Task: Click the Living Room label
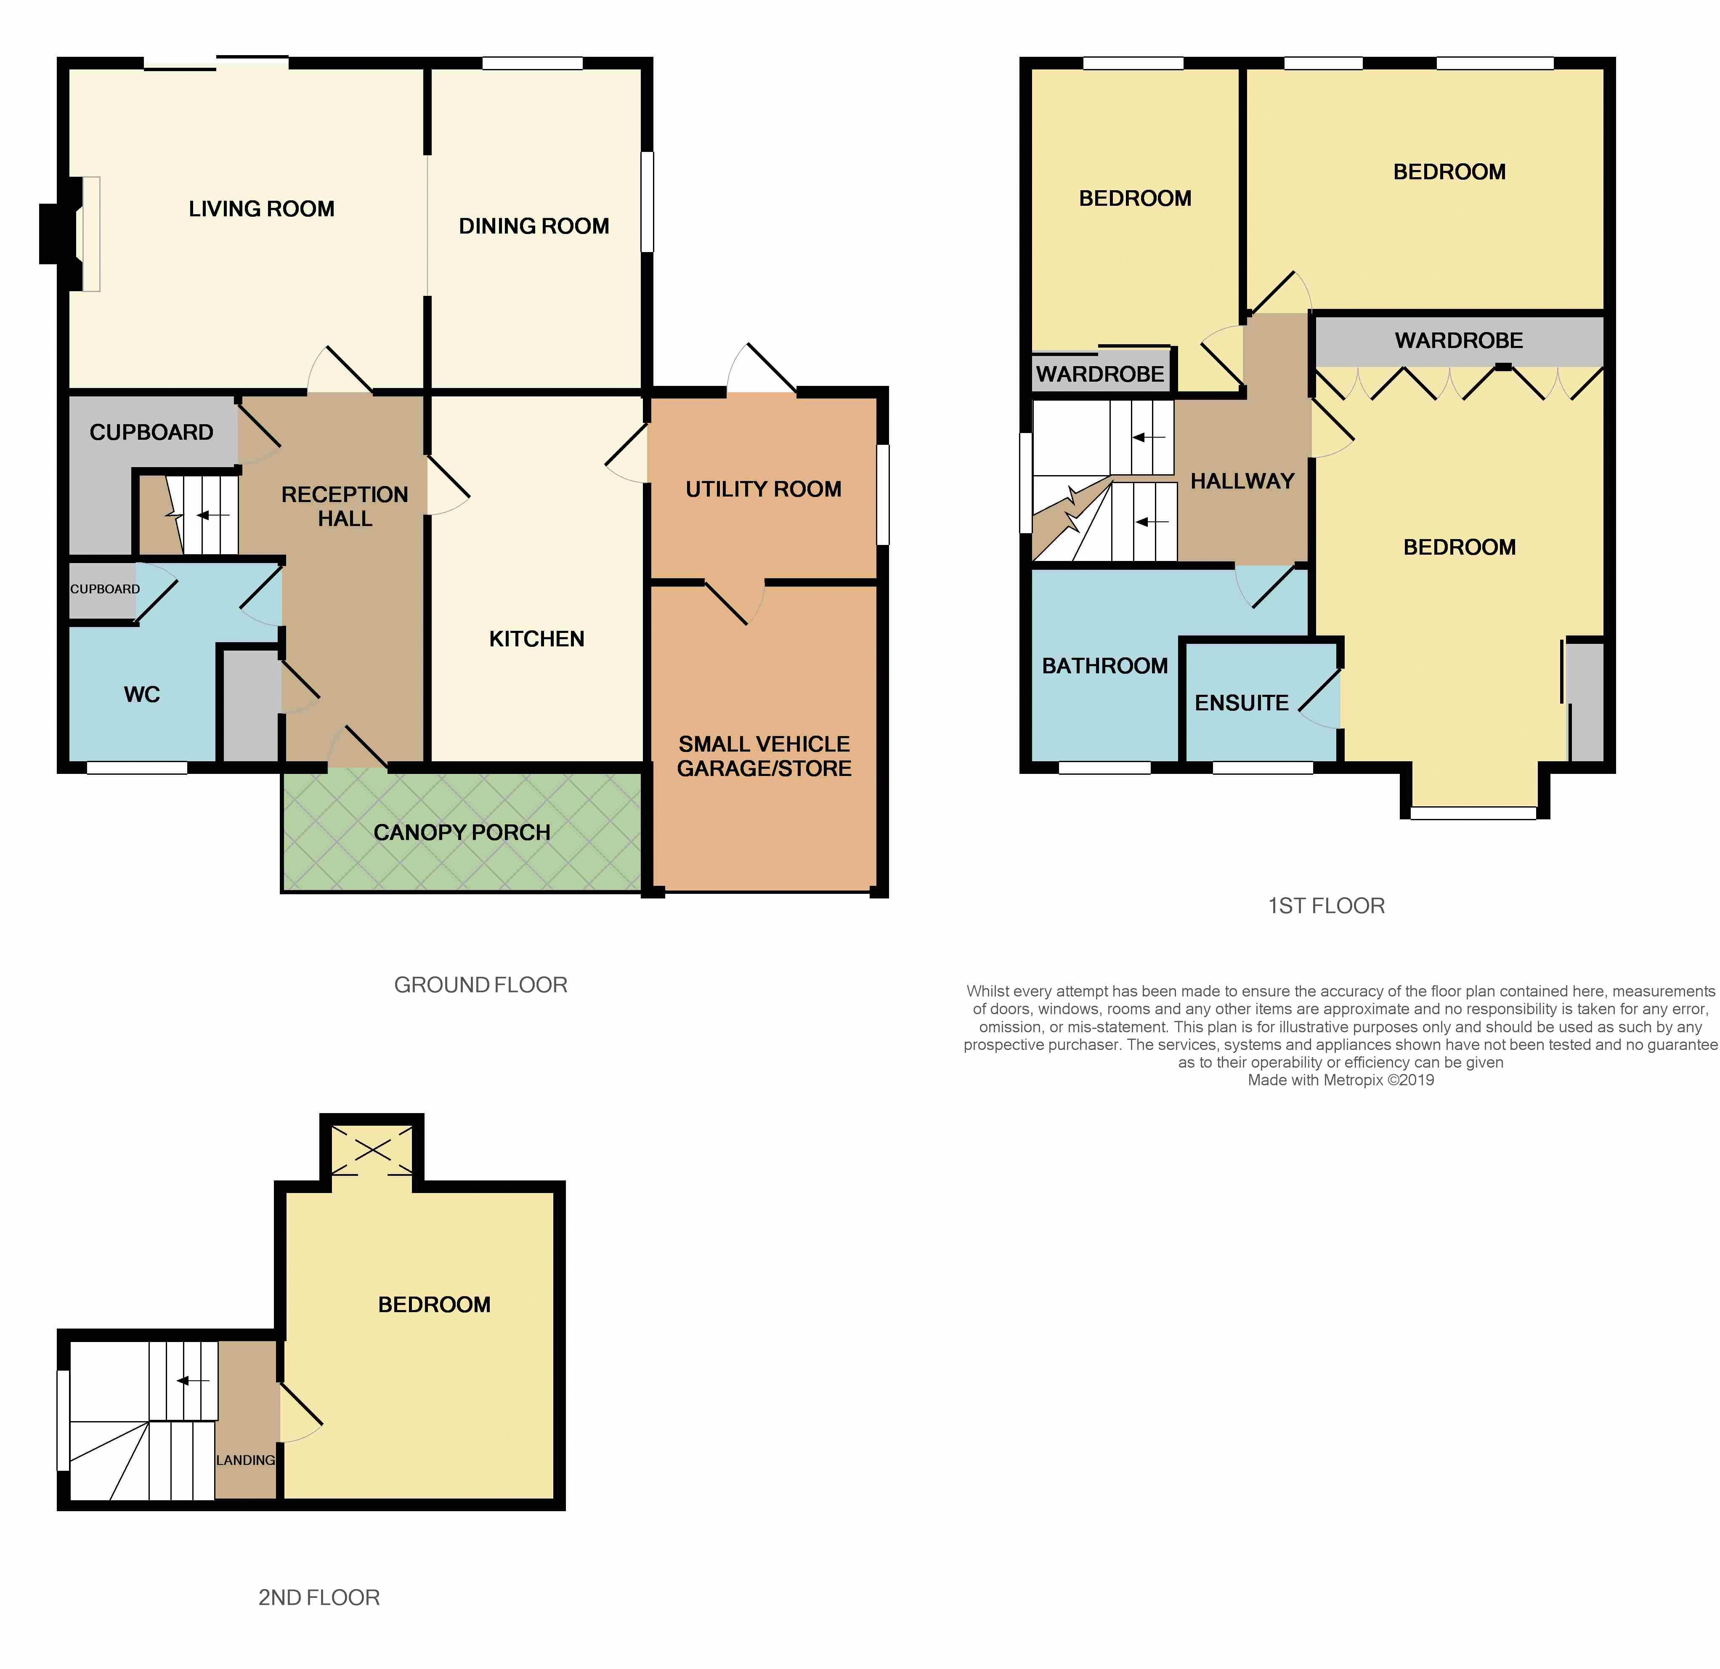[262, 209]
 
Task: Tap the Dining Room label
[534, 226]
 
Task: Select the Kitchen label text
[536, 639]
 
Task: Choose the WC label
[142, 695]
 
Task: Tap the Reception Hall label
[345, 506]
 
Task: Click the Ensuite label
[1242, 703]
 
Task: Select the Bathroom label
[1105, 666]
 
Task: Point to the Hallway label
[1242, 481]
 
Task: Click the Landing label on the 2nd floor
[246, 1460]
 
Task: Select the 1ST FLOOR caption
[1326, 906]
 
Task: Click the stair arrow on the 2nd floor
[193, 1380]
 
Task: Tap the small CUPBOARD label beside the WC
[104, 589]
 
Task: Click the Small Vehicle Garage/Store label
[764, 756]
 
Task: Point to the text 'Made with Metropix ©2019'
[1341, 1080]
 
